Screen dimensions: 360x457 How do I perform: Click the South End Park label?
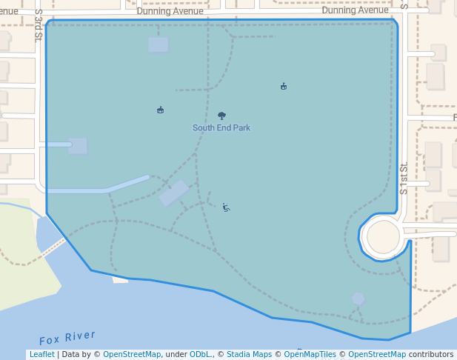[x=221, y=127]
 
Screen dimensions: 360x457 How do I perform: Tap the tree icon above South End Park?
[x=221, y=116]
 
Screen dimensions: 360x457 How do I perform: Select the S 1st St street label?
[x=404, y=179]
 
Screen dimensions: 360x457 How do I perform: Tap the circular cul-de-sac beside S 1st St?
[x=383, y=237]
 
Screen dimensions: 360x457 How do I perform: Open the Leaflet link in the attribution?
[x=41, y=355]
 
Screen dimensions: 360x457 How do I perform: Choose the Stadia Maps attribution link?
[x=249, y=355]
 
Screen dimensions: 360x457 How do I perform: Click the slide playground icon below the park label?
[x=226, y=207]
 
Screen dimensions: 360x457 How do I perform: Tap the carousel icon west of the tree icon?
[x=160, y=110]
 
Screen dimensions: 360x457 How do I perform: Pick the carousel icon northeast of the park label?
[x=284, y=87]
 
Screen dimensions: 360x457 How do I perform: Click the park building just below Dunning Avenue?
[x=159, y=44]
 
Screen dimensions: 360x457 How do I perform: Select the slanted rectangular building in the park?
[x=174, y=193]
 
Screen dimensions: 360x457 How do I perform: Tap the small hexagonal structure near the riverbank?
[x=358, y=299]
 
